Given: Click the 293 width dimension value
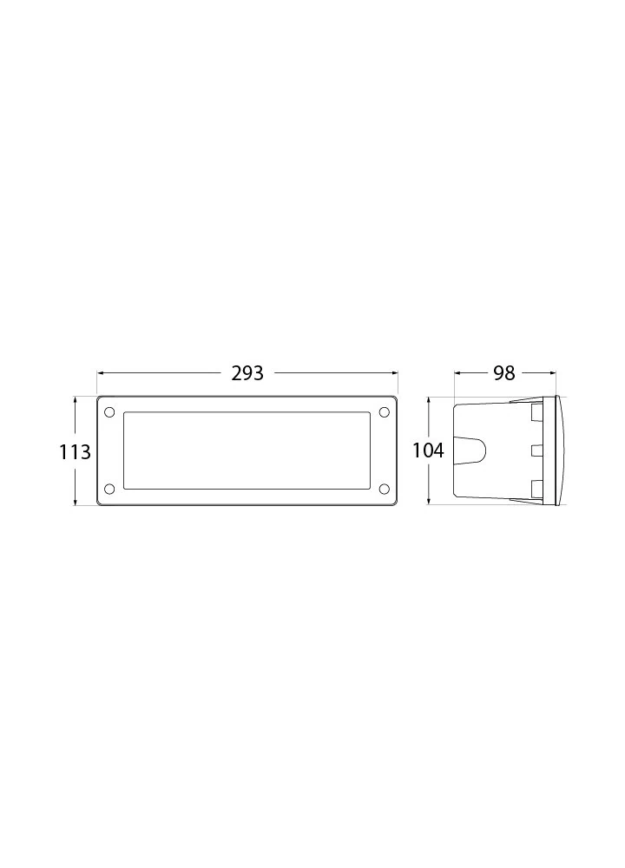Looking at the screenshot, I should click(247, 373).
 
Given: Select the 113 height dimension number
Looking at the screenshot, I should click(75, 452).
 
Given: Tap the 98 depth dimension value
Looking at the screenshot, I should click(503, 373).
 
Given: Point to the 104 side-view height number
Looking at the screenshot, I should click(429, 451).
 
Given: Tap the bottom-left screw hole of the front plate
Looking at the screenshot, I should click(109, 490).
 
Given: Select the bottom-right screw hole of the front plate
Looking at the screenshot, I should click(384, 490).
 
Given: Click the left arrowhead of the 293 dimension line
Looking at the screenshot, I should click(100, 373).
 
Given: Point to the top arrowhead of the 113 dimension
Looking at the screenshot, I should click(76, 401).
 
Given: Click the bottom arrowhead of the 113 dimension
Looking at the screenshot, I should click(76, 503).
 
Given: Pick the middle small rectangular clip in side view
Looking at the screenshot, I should click(536, 450).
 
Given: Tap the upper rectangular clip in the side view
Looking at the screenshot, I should click(536, 414).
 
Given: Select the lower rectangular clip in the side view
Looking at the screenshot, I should click(536, 488).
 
